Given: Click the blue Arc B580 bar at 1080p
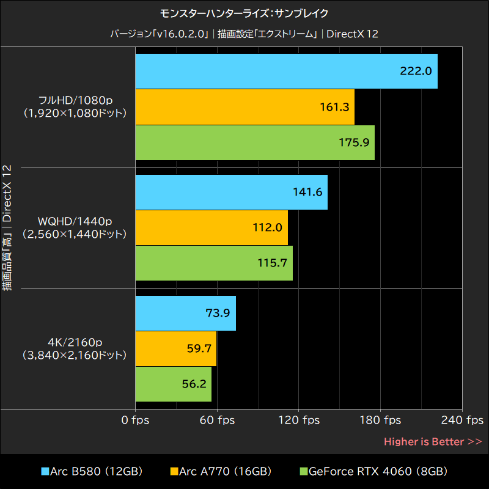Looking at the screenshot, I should click(286, 71).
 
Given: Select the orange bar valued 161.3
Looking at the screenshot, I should click(244, 107).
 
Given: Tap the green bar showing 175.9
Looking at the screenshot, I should click(254, 142).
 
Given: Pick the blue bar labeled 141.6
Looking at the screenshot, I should click(231, 192).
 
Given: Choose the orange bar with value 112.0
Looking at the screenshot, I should click(211, 227).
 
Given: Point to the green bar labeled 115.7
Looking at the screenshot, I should click(213, 263).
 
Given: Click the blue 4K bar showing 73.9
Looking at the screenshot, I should click(185, 313).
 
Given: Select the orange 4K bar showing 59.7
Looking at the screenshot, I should click(175, 348).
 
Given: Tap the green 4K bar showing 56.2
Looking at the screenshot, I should click(173, 384).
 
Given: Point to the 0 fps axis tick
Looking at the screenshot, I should click(135, 420).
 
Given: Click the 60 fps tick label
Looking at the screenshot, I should click(217, 420).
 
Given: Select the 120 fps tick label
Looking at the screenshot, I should click(299, 420).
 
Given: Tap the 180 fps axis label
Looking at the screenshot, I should click(380, 420).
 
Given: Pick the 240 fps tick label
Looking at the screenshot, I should click(462, 420).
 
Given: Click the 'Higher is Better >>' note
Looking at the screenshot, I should click(433, 441).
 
